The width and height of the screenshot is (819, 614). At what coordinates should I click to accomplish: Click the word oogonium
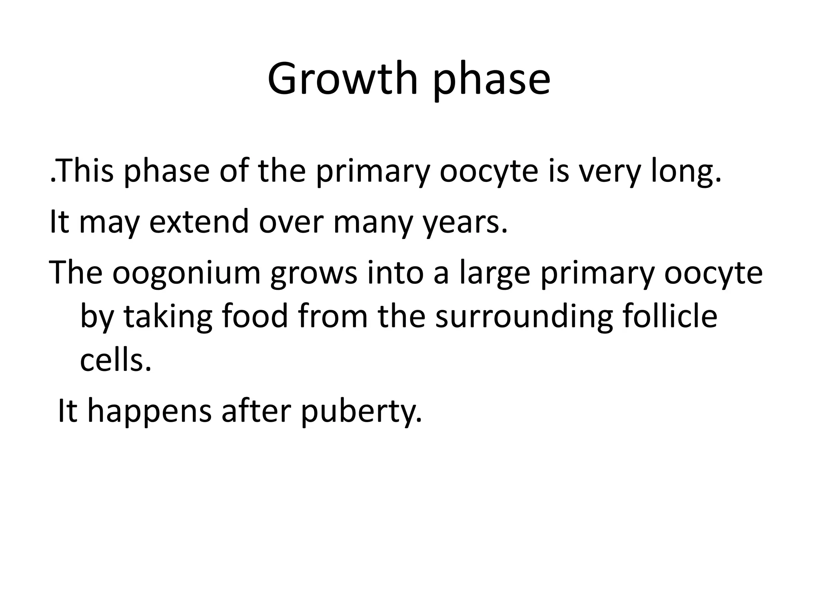(x=186, y=273)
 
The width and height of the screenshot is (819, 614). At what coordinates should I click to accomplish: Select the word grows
(x=314, y=273)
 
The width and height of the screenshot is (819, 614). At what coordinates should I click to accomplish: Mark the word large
(x=495, y=273)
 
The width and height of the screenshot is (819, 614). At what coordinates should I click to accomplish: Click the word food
(x=255, y=317)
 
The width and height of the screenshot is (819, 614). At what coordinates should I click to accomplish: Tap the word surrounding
(x=524, y=317)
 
